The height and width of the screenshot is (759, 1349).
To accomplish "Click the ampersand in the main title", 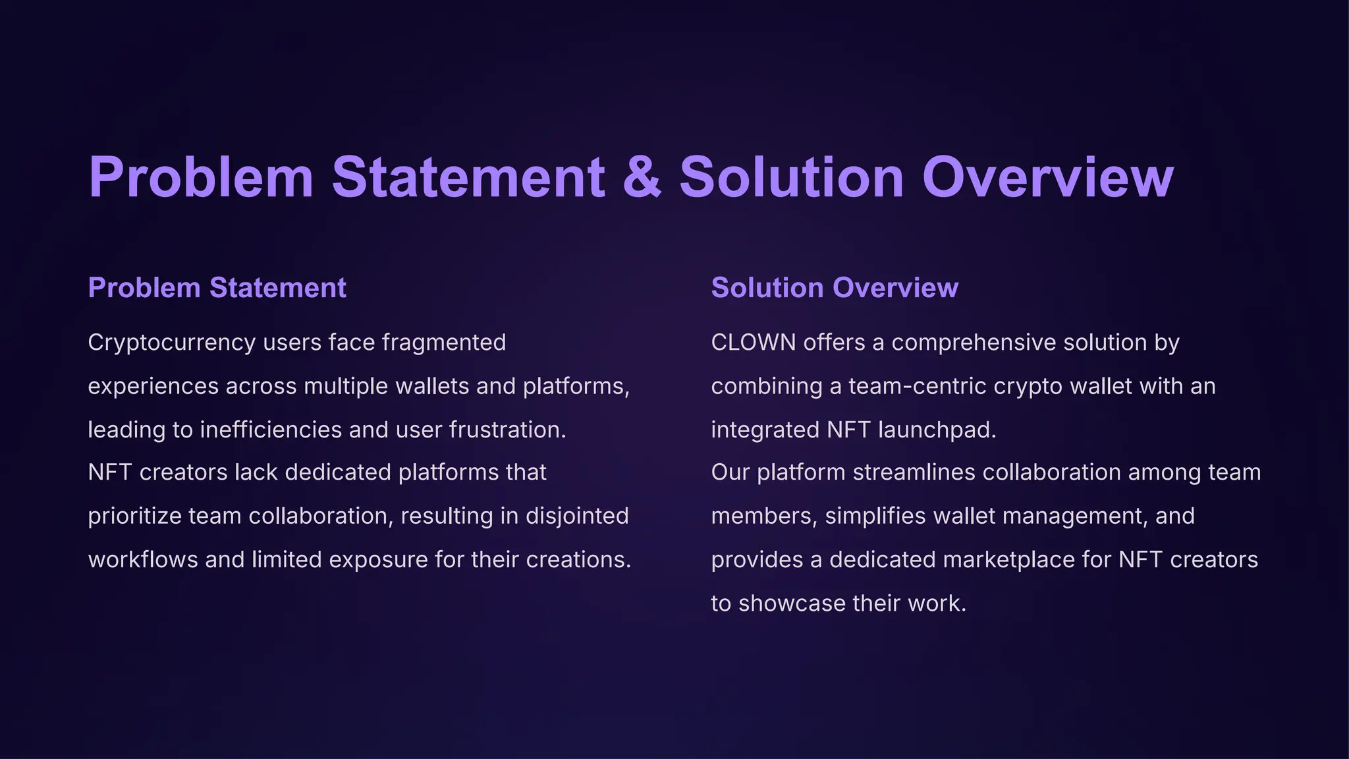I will tap(642, 177).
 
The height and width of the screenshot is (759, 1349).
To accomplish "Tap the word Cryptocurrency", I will tap(172, 343).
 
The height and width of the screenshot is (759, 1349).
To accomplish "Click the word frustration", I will tap(507, 430).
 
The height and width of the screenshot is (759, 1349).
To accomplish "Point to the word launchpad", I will tap(937, 430).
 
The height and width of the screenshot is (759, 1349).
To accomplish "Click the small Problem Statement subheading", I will tap(217, 288).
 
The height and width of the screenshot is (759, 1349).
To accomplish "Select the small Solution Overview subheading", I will tap(835, 288).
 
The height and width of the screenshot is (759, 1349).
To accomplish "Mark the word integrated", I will tap(765, 430).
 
